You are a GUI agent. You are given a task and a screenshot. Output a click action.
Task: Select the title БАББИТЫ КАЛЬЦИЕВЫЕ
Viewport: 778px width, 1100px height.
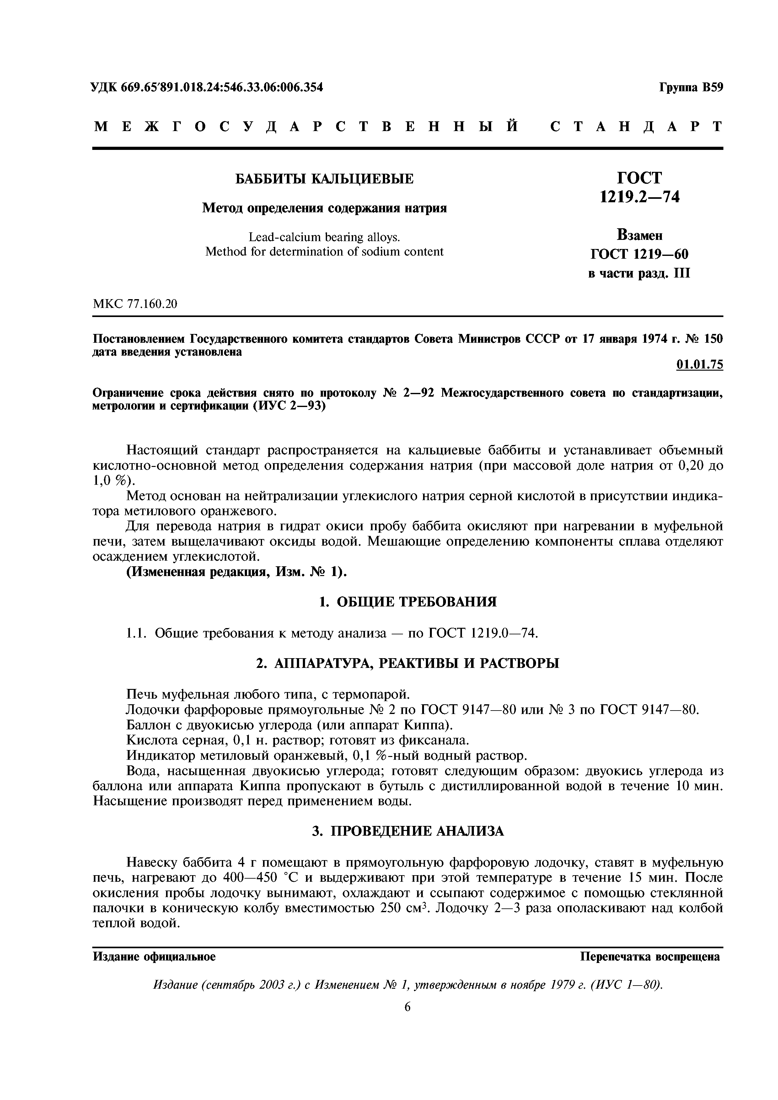[x=324, y=179]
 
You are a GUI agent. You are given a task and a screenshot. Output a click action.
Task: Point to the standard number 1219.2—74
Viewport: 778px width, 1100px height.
[x=640, y=196]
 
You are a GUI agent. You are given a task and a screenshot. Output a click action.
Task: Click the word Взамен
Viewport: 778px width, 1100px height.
[x=640, y=235]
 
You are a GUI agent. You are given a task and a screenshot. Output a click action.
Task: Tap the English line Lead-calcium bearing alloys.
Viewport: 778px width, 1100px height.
[x=324, y=237]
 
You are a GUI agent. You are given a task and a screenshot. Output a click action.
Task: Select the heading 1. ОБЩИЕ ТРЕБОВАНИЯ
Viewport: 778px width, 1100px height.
[x=407, y=602]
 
